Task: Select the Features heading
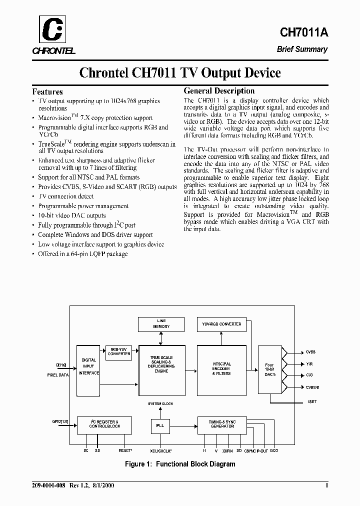coord(47,91)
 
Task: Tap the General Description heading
coord(219,91)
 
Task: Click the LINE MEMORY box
coord(161,323)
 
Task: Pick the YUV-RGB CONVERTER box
coord(220,324)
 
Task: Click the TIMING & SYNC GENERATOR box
coord(222,424)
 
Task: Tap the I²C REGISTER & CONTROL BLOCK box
coord(104,424)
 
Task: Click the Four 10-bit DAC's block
coord(269,369)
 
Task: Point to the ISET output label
coord(312,401)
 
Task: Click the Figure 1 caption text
coord(180,464)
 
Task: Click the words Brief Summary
coord(302,49)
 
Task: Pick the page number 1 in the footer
coord(326,485)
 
